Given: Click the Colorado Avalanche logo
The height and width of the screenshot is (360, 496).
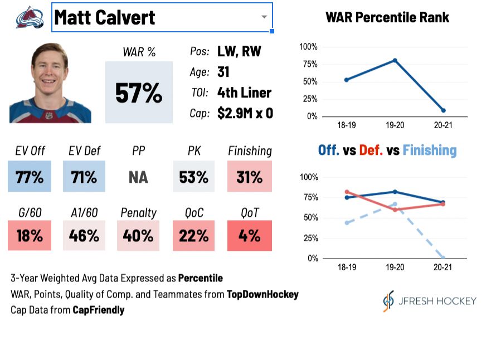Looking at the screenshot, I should click(30, 17).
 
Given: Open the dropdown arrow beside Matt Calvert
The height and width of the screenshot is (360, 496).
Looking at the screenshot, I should click(264, 17).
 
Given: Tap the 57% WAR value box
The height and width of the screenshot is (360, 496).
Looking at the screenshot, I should click(139, 92).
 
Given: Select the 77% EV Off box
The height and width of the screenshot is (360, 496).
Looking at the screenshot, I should click(30, 177).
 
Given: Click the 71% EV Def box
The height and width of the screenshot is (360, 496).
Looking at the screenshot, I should click(84, 177).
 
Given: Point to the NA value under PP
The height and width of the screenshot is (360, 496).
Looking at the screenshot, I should click(138, 177).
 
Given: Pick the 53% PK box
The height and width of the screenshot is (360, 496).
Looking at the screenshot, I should click(193, 177).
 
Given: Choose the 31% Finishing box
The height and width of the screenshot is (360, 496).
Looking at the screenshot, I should click(249, 177).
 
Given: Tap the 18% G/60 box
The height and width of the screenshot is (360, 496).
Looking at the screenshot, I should click(30, 235).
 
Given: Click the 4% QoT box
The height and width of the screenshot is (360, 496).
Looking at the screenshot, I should click(249, 235).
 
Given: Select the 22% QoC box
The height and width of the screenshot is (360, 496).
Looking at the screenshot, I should click(193, 235).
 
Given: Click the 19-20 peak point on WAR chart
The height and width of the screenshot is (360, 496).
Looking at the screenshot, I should click(395, 60).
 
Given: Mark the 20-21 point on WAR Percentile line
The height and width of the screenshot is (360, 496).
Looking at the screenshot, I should click(443, 110).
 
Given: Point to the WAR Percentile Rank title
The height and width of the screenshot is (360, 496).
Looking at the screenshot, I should click(387, 18).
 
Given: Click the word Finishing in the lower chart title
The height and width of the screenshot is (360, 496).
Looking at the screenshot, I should click(429, 150).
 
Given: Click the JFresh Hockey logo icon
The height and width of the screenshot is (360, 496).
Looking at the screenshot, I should click(388, 300).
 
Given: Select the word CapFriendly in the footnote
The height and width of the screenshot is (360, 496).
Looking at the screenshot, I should click(98, 309).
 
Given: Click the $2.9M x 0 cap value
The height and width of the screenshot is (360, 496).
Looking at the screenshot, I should click(245, 113).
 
